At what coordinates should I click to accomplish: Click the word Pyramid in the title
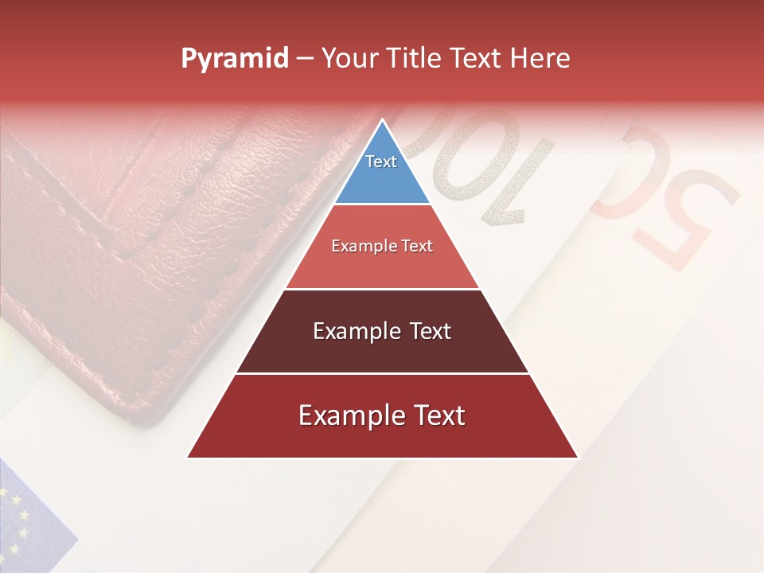[235, 59]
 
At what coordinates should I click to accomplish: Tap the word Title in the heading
[413, 59]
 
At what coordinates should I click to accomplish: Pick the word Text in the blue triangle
[381, 162]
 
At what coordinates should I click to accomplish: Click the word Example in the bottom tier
[347, 415]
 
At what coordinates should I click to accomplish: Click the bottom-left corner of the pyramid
[189, 457]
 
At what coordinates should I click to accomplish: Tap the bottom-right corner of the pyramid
[577, 457]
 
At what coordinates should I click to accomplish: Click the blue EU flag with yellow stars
[28, 517]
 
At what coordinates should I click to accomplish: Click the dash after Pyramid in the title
[305, 59]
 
